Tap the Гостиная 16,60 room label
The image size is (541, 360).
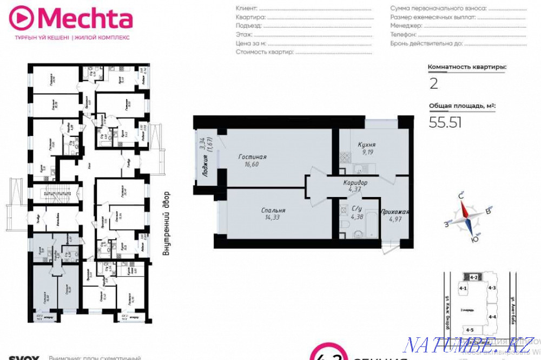(x=253, y=160)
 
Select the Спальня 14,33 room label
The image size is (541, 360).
(x=273, y=213)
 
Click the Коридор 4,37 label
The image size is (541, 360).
(x=355, y=186)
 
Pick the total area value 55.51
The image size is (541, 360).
(x=445, y=123)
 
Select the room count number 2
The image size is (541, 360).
(x=433, y=84)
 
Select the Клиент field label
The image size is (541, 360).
(x=247, y=9)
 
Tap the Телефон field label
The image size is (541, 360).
(x=404, y=34)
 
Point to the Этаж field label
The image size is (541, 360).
(x=245, y=34)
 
